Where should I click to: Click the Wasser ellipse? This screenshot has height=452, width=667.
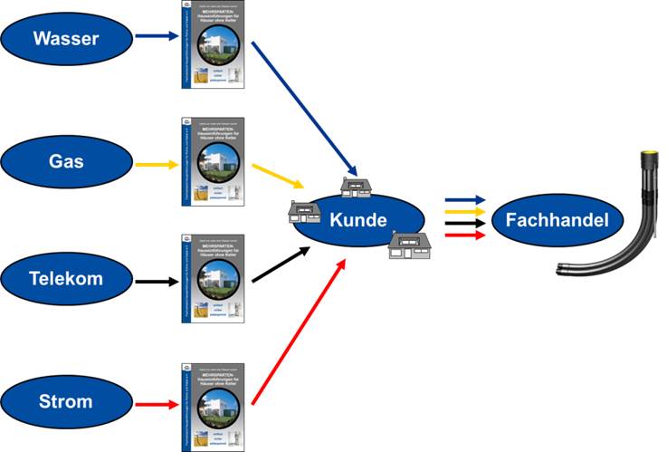click(64, 38)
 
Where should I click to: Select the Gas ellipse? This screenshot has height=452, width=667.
click(64, 162)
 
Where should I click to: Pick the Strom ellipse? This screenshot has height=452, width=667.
click(64, 400)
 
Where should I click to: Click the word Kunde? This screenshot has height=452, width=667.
click(358, 220)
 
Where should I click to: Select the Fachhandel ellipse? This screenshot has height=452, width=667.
click(557, 219)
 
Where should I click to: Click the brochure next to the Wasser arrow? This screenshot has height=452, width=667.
click(213, 44)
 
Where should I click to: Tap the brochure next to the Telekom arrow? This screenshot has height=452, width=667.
click(213, 280)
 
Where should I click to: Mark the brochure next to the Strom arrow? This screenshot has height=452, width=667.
click(213, 405)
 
